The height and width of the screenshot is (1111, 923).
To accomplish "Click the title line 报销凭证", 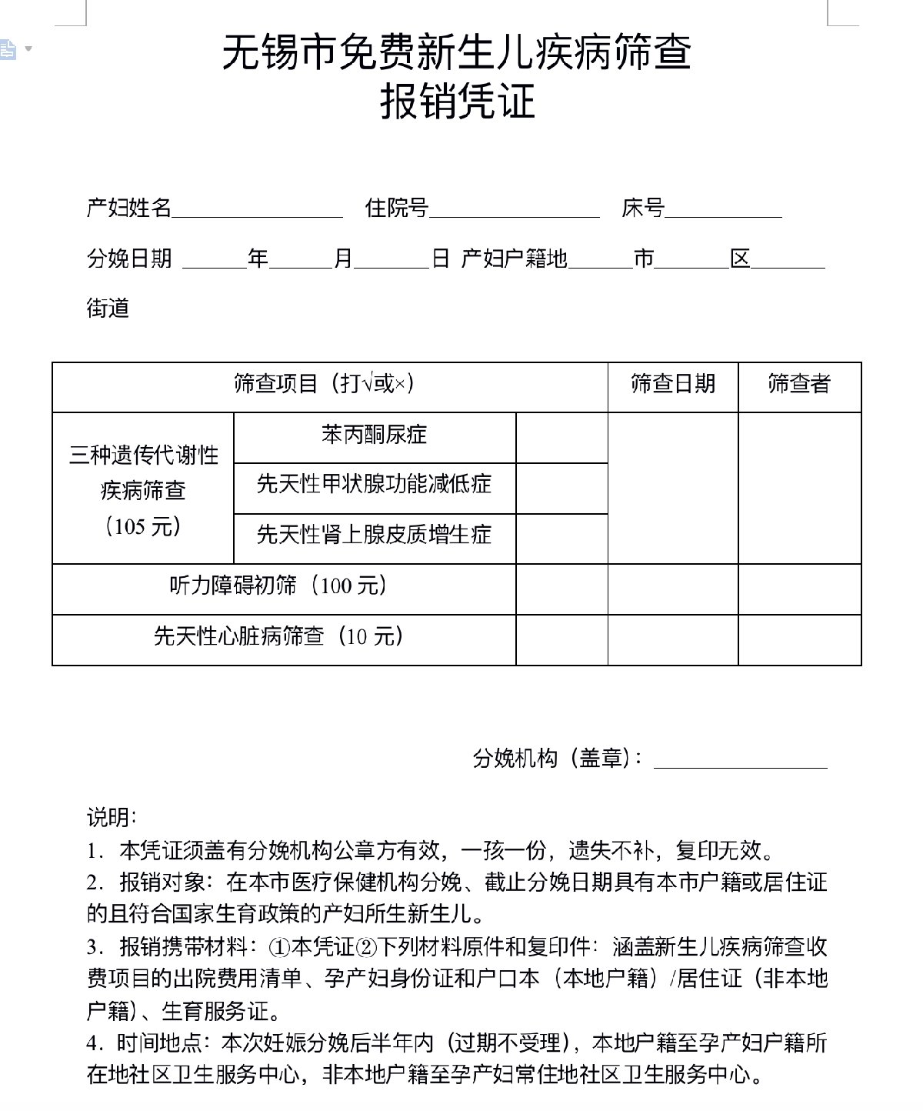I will coord(458,102).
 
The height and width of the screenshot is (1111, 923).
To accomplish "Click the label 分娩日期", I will coord(129,259).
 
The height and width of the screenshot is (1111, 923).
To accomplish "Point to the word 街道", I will coord(108,309).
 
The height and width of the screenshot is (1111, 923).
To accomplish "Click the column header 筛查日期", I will coord(673,383).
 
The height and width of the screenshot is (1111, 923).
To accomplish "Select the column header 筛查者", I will coord(799,383).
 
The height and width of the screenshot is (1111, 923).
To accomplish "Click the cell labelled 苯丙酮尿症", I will coord(374,435).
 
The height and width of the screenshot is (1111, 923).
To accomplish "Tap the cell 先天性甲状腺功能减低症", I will coord(374,485).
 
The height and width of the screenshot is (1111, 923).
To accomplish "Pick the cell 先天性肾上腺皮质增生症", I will coord(374,535).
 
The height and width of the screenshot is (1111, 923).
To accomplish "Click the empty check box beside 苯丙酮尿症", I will coord(561,437).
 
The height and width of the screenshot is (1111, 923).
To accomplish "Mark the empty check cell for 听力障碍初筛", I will coord(561,589).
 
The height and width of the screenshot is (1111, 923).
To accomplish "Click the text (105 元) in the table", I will coord(143,527).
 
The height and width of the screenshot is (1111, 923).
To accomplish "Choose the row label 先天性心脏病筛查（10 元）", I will coord(278,637).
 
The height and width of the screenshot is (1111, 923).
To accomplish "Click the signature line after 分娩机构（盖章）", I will coord(740,760).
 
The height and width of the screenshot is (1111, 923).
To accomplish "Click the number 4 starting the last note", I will coord(92,1044).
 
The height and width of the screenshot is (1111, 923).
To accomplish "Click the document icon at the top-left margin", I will coord(8,50).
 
